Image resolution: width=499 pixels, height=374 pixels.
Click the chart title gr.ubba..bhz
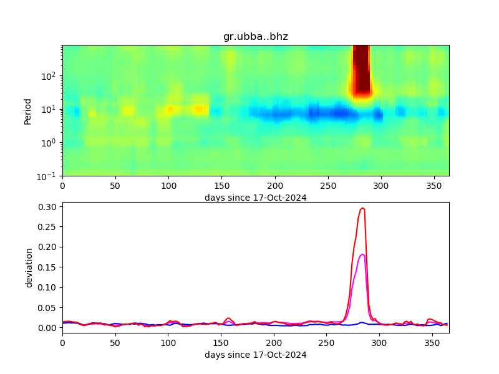pyautogui.click(x=255, y=37)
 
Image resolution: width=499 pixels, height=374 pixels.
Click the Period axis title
pyautogui.click(x=27, y=110)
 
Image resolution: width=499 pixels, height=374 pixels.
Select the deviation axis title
pyautogui.click(x=29, y=267)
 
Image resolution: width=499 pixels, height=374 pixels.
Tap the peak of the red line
pyautogui.click(x=363, y=208)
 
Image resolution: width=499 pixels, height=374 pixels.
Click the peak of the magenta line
pyautogui.click(x=362, y=254)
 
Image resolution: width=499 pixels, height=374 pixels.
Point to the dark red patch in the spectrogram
pyautogui.click(x=361, y=69)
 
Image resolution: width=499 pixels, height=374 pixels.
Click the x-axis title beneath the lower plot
pyautogui.click(x=255, y=355)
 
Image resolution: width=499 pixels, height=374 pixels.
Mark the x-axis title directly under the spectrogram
pyautogui.click(x=255, y=198)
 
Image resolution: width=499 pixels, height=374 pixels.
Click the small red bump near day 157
pyautogui.click(x=229, y=318)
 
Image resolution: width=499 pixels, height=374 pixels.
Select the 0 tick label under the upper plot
pyautogui.click(x=62, y=186)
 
